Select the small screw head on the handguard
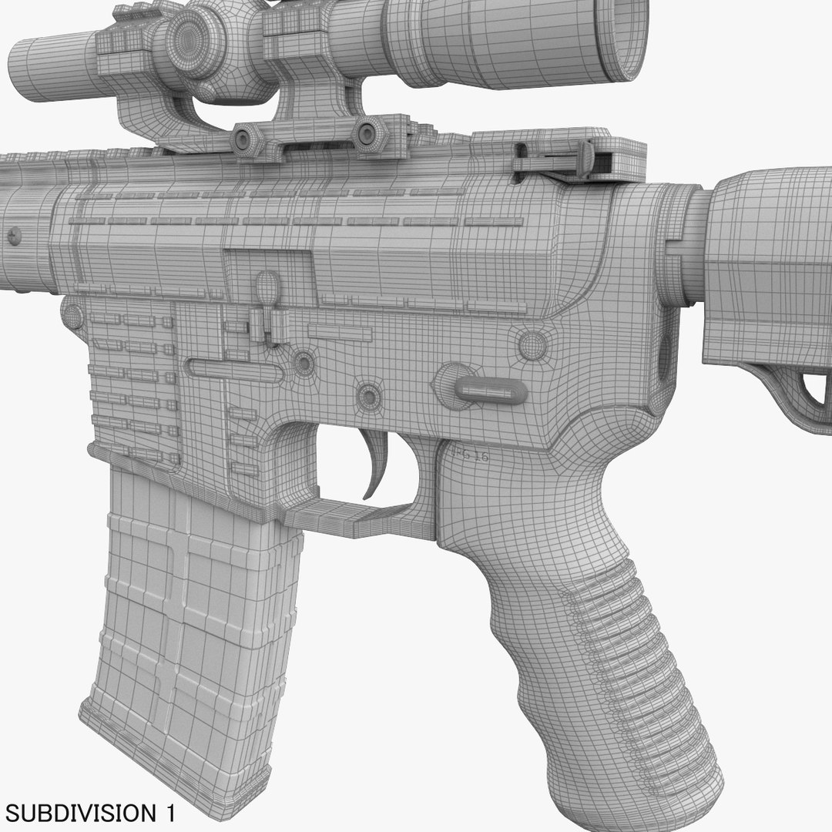15,235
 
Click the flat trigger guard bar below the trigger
354,512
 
